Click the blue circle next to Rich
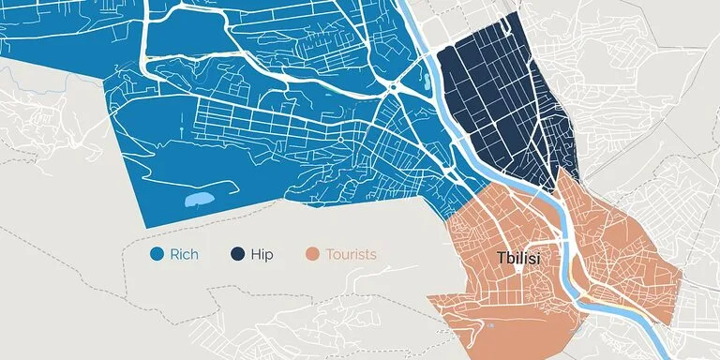point(157,254)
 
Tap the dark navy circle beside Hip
point(237,254)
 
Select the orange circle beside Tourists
point(313,254)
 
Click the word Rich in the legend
point(185,254)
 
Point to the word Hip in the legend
point(262,254)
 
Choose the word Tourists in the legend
point(351,254)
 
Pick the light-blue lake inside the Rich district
point(199,199)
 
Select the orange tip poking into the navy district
point(562,178)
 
